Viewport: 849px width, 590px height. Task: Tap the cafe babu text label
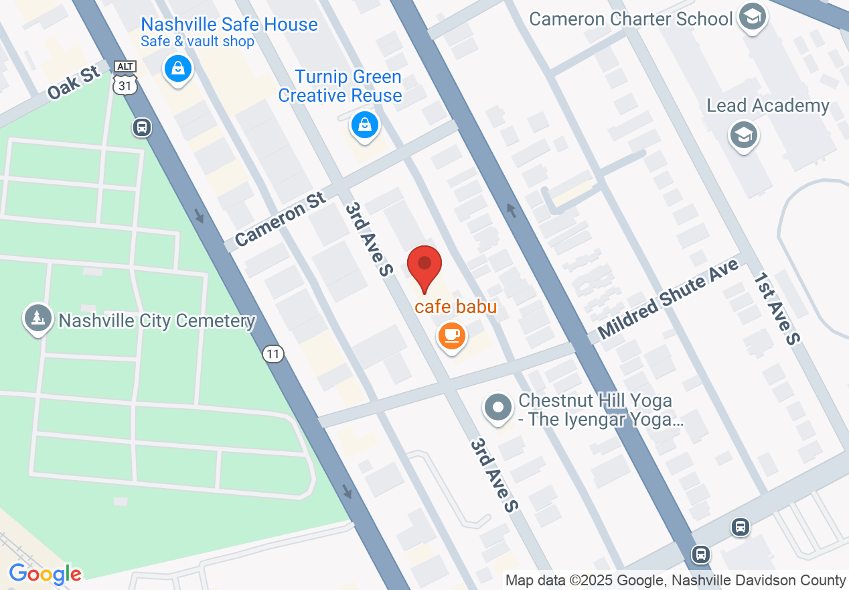(456, 307)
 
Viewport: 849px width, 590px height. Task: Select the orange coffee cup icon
(452, 335)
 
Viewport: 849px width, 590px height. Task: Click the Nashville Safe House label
(229, 25)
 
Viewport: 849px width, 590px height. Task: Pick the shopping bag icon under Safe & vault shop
(177, 68)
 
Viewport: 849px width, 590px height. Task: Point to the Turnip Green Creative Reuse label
(340, 86)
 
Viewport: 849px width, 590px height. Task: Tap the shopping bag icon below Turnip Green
(364, 125)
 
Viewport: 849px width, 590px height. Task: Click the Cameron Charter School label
(631, 19)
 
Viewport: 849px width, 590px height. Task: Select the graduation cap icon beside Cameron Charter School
(753, 17)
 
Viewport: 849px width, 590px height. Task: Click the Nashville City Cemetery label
(157, 321)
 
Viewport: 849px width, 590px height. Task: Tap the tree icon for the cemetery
(38, 318)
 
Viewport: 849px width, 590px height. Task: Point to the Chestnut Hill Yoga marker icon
(497, 407)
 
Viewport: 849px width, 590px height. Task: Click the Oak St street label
(74, 82)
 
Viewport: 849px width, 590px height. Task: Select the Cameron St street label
(281, 219)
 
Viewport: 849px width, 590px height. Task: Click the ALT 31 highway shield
(125, 76)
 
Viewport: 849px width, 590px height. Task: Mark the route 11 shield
(273, 354)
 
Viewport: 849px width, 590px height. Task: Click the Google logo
(45, 575)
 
